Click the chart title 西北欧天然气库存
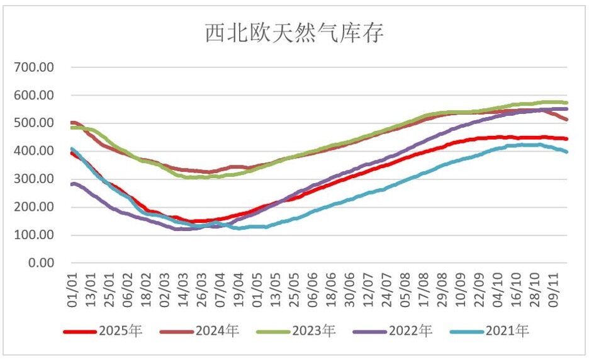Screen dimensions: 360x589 point(294,33)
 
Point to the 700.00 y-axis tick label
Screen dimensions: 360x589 point(38,67)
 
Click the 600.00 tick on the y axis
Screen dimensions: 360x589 point(38,95)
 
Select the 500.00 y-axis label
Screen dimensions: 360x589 point(38,123)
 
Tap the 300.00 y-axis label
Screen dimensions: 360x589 point(38,179)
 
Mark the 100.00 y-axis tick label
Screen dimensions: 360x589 point(38,235)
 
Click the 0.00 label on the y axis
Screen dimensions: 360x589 point(43,262)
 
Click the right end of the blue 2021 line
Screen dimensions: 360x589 point(566,152)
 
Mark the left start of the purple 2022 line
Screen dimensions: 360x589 point(72,184)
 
